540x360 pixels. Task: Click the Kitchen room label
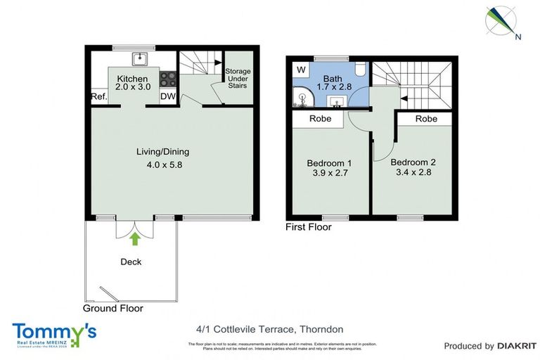click(x=131, y=78)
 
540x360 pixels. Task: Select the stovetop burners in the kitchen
click(x=168, y=78)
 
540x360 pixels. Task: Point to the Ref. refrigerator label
click(x=98, y=98)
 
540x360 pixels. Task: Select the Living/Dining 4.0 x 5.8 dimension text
click(x=162, y=166)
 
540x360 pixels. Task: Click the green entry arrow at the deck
click(x=136, y=239)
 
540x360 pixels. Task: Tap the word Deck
click(x=131, y=262)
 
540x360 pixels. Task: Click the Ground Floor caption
click(x=112, y=308)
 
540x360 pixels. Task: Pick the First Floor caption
click(x=308, y=227)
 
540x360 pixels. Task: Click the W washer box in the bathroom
click(x=301, y=70)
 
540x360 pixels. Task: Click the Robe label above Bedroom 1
click(x=321, y=119)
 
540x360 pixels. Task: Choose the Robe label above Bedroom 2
click(x=426, y=119)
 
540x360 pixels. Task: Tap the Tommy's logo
click(x=54, y=333)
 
